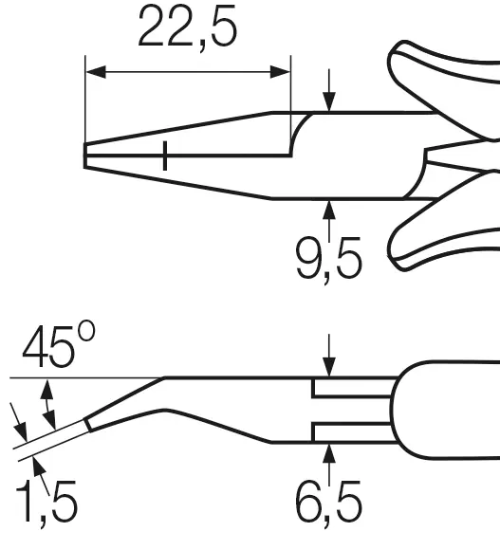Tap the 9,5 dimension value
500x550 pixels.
pos(329,260)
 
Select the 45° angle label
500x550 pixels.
pos(59,345)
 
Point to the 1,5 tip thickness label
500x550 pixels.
pos(46,504)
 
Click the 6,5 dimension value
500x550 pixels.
pos(329,504)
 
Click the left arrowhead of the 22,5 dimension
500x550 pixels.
pos(96,71)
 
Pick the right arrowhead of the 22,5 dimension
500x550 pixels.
pos(280,71)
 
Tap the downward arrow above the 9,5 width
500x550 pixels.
pos(329,90)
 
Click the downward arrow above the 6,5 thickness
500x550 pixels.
pos(329,356)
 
